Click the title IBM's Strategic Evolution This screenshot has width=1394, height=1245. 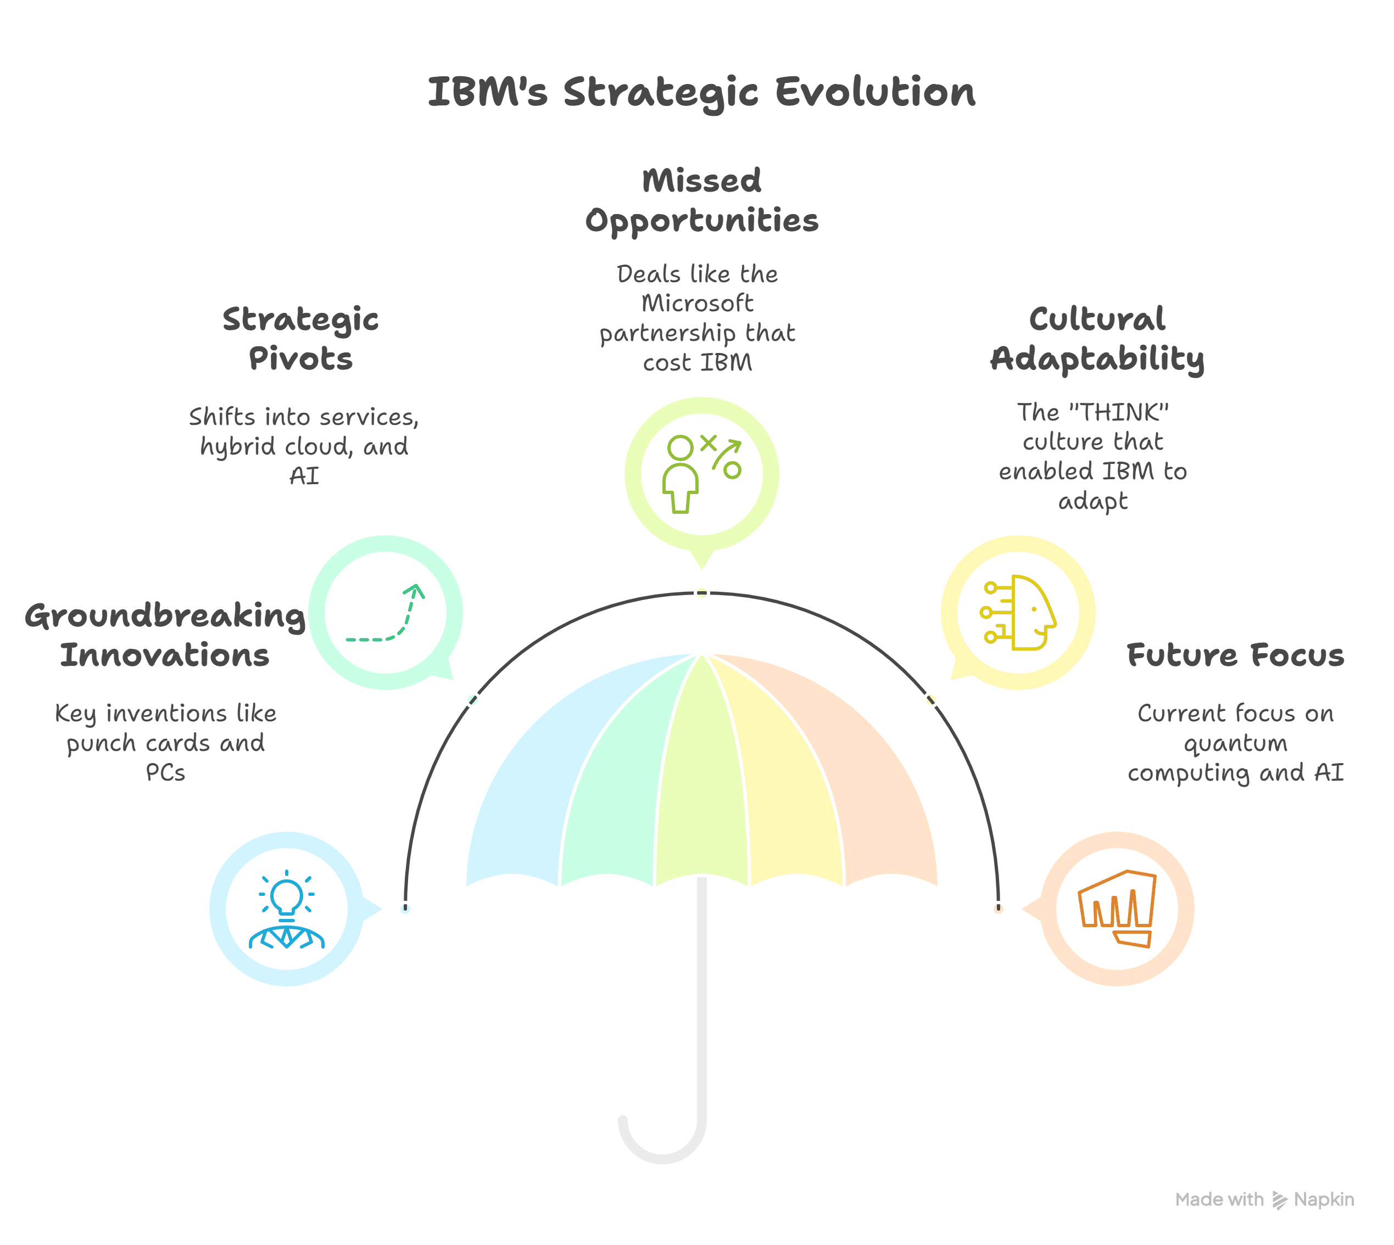point(701,92)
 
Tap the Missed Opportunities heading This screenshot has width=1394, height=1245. point(701,200)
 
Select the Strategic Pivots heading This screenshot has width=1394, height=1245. point(300,339)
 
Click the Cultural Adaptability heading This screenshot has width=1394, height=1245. point(1097,339)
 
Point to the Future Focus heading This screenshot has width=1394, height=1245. point(1235,655)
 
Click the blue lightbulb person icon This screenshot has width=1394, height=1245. point(287,909)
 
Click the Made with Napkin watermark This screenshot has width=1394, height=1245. point(1264,1199)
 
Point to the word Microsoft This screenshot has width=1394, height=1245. point(698,303)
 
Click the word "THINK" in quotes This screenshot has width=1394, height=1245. point(1118,412)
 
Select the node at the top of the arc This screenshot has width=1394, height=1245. point(701,593)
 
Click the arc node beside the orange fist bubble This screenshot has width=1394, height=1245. point(999,908)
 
